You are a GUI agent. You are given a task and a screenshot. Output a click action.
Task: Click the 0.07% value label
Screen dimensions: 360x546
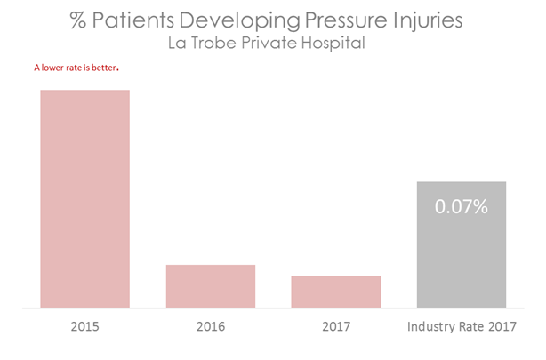(462, 207)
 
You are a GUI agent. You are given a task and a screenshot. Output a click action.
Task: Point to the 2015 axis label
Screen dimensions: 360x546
(85, 327)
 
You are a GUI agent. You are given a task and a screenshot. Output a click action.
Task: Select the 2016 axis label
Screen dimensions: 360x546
(211, 327)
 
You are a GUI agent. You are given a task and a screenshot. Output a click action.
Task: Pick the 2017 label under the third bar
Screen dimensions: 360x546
(336, 327)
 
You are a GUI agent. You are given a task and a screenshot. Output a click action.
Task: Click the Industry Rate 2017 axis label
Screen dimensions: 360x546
(462, 327)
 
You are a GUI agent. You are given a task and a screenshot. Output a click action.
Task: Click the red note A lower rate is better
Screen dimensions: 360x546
(76, 68)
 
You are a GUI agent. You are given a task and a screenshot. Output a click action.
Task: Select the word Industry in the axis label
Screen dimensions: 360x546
(430, 327)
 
